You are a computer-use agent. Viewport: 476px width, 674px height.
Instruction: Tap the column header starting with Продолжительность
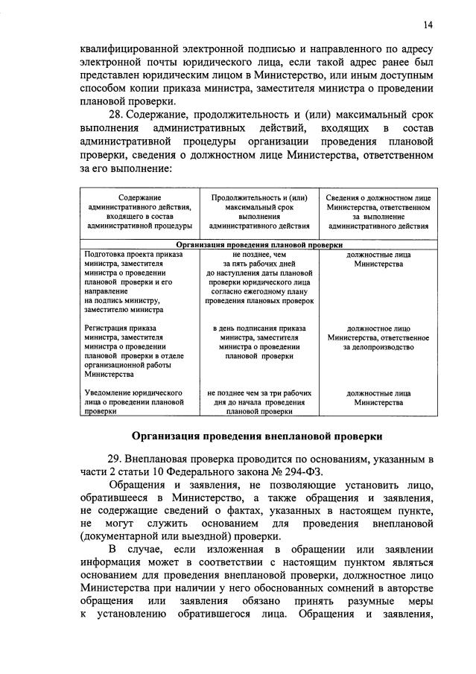tap(259, 212)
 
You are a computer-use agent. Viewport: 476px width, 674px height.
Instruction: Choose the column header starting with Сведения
tap(378, 212)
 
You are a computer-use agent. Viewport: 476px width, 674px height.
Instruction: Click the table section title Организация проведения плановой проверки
tap(259, 244)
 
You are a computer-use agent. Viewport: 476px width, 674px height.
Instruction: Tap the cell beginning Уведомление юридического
tap(134, 401)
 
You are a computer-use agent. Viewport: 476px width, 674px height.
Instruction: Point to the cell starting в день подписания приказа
tap(259, 342)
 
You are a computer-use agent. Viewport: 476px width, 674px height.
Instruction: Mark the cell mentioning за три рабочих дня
tap(259, 401)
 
